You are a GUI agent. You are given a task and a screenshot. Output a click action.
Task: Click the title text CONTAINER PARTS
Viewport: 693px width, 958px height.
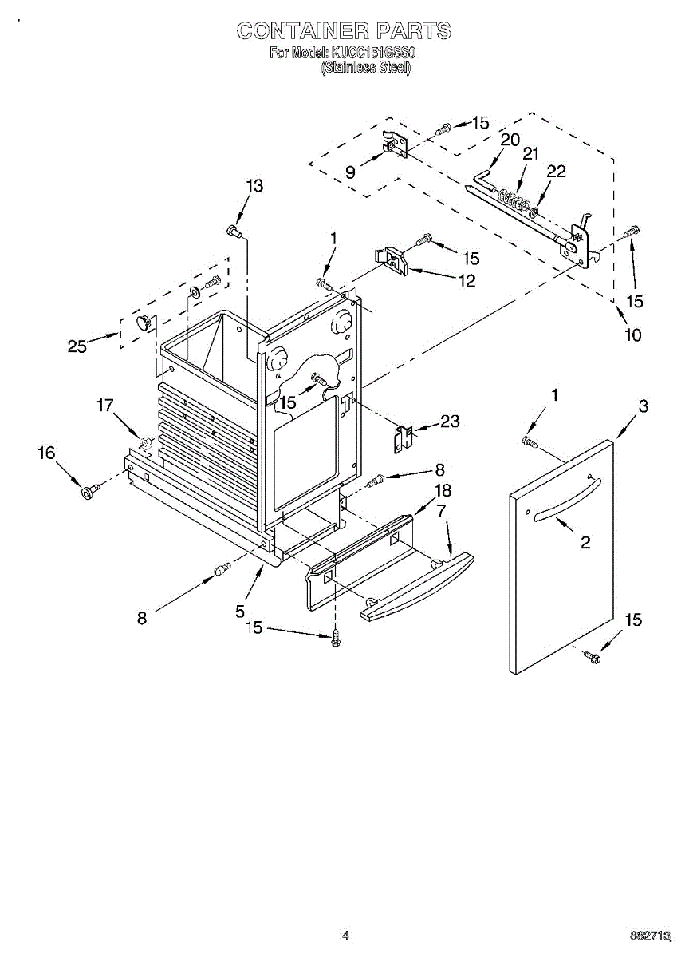tap(344, 31)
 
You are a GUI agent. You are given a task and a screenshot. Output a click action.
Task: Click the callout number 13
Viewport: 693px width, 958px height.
tap(254, 185)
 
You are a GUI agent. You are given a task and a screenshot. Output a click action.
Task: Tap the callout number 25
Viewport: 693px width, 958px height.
tap(77, 346)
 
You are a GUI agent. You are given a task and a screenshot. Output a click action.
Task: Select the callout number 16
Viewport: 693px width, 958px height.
tap(46, 453)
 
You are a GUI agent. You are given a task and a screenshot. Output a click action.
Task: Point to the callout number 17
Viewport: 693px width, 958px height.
tap(105, 406)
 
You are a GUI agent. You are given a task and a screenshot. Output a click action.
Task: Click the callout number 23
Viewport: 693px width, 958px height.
tap(450, 421)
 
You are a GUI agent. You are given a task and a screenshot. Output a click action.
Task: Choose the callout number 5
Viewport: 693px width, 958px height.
tap(239, 612)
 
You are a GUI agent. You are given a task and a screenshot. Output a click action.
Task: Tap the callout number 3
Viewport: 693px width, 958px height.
tap(642, 406)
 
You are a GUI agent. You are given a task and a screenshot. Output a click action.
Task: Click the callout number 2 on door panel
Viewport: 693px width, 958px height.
tap(585, 543)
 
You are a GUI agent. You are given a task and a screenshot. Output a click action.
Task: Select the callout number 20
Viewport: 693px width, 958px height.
tap(510, 139)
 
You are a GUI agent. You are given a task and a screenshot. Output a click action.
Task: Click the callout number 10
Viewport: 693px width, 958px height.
tap(632, 335)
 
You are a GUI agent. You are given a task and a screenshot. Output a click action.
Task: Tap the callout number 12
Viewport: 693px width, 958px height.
tap(466, 280)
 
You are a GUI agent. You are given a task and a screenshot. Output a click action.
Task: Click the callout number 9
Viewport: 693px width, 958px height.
tap(350, 171)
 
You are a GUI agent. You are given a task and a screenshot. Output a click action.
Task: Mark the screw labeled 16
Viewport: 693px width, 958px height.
tap(88, 490)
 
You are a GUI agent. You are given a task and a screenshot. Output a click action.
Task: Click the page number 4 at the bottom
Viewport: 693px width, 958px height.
tap(345, 935)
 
